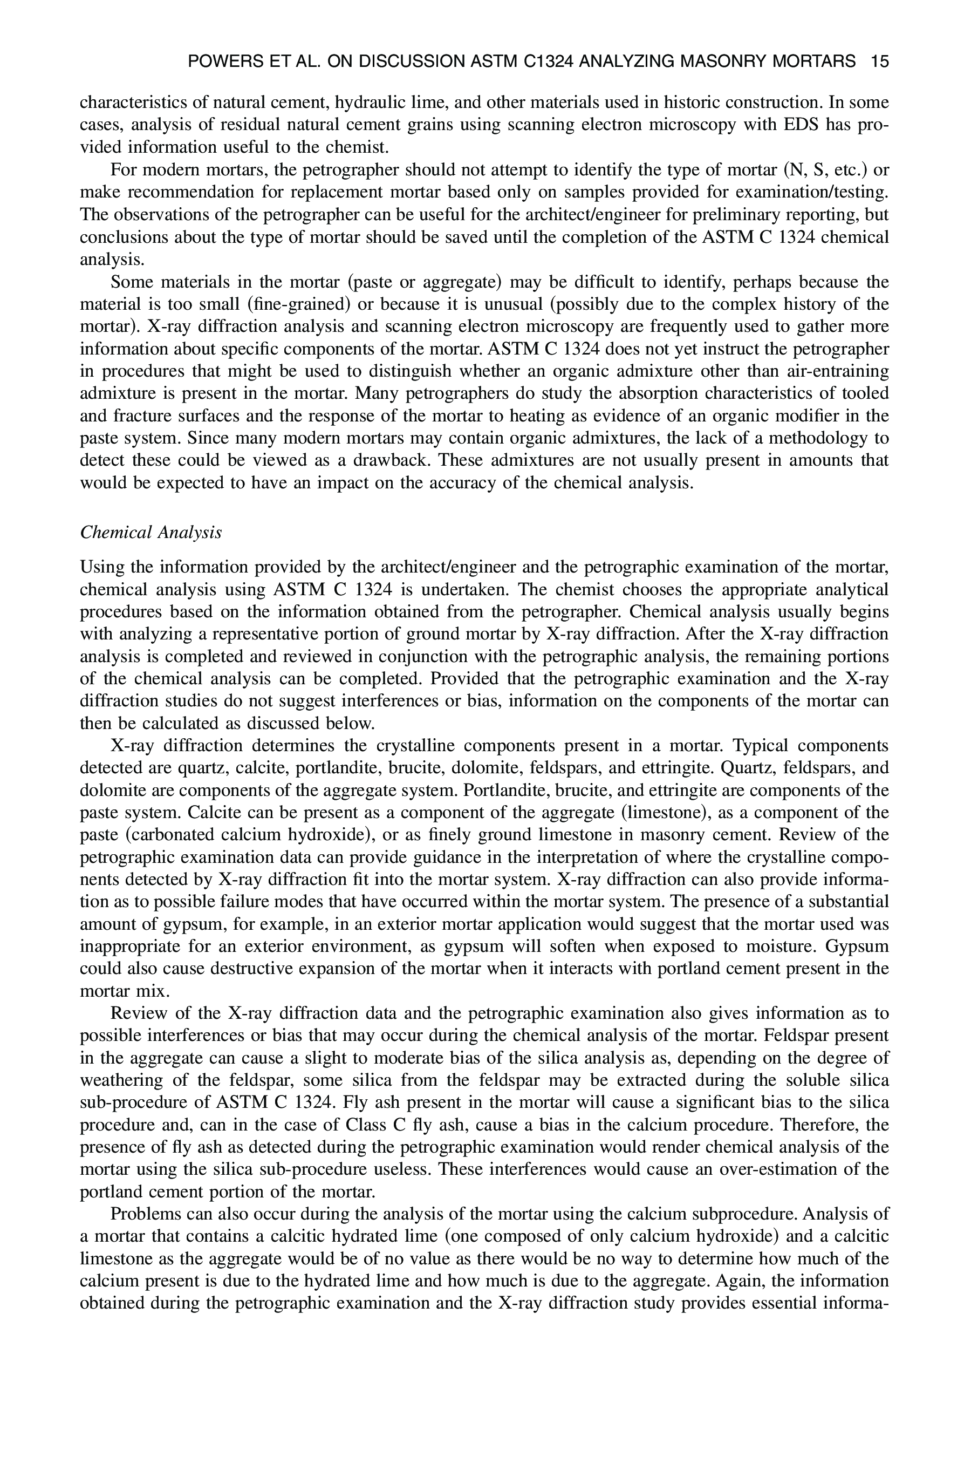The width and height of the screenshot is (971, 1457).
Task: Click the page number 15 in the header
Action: (879, 62)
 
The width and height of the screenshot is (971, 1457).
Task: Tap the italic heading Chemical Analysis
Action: (151, 533)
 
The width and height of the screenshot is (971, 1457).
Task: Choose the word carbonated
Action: (168, 834)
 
